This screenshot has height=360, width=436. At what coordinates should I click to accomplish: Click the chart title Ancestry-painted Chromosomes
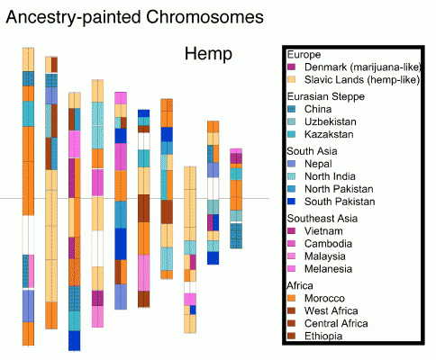point(135,17)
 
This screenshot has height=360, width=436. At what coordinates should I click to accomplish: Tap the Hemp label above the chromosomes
point(208,54)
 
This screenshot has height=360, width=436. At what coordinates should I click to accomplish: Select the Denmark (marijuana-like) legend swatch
point(291,67)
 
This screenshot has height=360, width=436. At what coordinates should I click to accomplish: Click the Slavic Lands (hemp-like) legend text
point(362,80)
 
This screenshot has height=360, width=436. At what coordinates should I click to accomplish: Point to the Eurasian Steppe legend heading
point(326,96)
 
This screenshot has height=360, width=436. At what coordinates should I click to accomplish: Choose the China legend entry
point(318,109)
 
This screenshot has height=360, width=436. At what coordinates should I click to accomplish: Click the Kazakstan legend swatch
point(291,134)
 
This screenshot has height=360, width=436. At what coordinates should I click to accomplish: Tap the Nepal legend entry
point(318,164)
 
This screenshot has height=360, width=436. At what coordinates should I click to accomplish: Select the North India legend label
point(330,176)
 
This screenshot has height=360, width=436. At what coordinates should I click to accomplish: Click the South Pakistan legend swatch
point(291,202)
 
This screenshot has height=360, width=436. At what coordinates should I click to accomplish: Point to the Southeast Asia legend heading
point(322,219)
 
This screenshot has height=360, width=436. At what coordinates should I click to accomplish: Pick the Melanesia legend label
point(328,269)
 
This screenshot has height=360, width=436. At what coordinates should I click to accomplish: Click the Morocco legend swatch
point(291,298)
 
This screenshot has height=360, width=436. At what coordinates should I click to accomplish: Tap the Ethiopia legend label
point(323,336)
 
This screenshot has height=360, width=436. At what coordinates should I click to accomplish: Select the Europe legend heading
point(304,55)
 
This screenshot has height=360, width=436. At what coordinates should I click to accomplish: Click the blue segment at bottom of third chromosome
point(75,340)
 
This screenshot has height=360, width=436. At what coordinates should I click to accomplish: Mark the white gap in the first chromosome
point(28,235)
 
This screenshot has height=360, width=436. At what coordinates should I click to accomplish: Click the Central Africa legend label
point(336,323)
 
